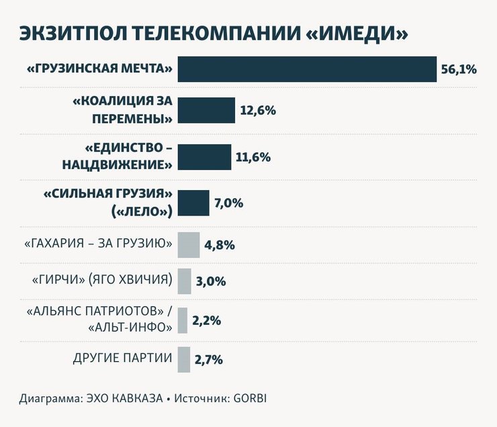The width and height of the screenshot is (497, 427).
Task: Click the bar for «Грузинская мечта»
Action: point(307,69)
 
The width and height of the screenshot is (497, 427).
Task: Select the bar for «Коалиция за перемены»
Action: point(206,110)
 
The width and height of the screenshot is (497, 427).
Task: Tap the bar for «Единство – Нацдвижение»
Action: point(204,157)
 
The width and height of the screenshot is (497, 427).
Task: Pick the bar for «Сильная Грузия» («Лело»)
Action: point(193,203)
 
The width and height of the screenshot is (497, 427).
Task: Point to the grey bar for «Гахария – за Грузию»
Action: point(189,244)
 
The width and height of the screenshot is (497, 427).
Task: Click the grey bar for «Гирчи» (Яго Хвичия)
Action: point(184,281)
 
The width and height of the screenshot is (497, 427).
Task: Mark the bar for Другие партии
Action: point(183,359)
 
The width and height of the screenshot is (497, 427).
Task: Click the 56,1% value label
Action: point(459,69)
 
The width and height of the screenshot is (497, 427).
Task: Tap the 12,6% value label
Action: point(257,110)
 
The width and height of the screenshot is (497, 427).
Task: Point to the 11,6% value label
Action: point(253,157)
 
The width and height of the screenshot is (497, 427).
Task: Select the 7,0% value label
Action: point(229,203)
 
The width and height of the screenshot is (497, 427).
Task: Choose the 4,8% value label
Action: point(219,245)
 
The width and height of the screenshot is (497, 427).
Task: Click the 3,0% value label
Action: point(210,282)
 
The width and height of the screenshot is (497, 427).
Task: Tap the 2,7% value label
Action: point(208,360)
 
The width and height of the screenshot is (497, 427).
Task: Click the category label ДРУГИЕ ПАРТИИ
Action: point(122,357)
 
